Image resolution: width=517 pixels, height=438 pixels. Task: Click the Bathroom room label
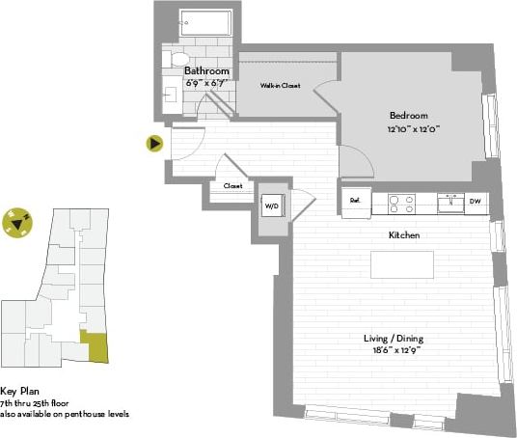tap(207, 70)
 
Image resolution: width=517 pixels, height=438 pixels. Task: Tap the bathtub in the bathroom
tap(206, 22)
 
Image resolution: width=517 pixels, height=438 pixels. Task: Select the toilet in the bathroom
tap(179, 60)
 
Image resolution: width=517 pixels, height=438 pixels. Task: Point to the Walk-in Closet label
tap(280, 86)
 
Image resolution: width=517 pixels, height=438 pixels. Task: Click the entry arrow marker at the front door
tap(154, 144)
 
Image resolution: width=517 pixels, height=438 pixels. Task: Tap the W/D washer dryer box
tap(272, 205)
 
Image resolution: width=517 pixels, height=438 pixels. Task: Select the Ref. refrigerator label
tap(354, 202)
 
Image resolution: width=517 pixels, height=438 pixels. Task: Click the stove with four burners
tap(400, 203)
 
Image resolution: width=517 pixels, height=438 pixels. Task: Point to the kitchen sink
tap(449, 203)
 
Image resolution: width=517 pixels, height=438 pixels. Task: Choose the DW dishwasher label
tap(476, 202)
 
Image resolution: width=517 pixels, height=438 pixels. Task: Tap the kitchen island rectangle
tap(402, 264)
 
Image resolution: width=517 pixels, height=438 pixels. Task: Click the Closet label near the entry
tap(232, 185)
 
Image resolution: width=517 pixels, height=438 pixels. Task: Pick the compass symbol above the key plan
tap(17, 223)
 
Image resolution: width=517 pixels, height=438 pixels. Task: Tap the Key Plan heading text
tap(20, 391)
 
